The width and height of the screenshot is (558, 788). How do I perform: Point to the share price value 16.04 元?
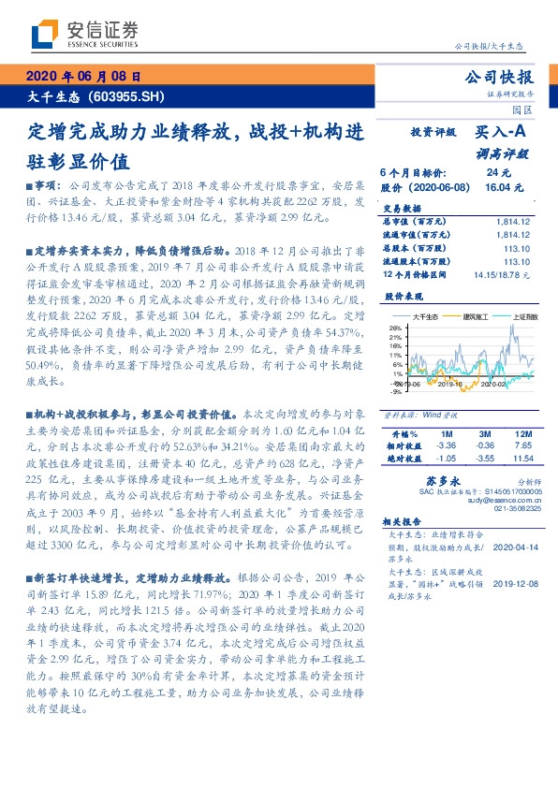pos(500,187)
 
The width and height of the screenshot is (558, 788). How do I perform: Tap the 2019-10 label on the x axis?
pos(450,384)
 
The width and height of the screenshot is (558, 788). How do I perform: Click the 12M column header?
pos(522,434)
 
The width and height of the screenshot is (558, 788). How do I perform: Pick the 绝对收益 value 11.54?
pos(521,459)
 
